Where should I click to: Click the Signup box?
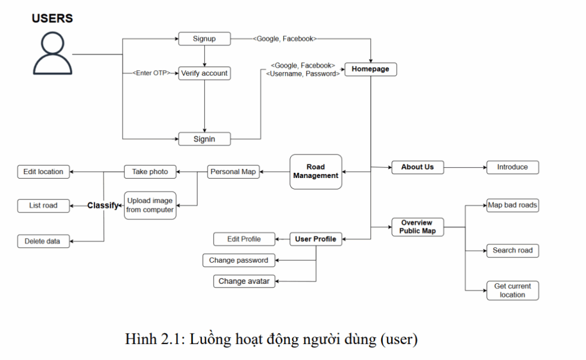pyautogui.click(x=204, y=39)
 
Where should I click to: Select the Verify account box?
pyautogui.click(x=204, y=73)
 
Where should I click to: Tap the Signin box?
pyautogui.click(x=204, y=139)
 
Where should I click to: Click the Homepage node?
pyautogui.click(x=370, y=69)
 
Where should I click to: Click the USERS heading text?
pyautogui.click(x=52, y=18)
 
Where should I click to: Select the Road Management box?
pyautogui.click(x=315, y=172)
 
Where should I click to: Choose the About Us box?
pyautogui.click(x=417, y=167)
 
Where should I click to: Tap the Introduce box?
pyautogui.click(x=512, y=167)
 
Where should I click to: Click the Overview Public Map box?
pyautogui.click(x=417, y=227)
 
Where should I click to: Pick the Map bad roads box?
pyautogui.click(x=512, y=205)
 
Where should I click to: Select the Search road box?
pyautogui.click(x=512, y=250)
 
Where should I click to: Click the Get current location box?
pyautogui.click(x=512, y=290)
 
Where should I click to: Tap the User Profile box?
pyautogui.click(x=315, y=239)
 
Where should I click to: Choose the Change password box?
pyautogui.click(x=239, y=260)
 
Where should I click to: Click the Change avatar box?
pyautogui.click(x=244, y=281)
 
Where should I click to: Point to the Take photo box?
pyautogui.click(x=150, y=171)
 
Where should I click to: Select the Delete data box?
pyautogui.click(x=42, y=241)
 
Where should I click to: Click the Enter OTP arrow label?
pyautogui.click(x=152, y=73)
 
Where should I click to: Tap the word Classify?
pyautogui.click(x=103, y=205)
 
